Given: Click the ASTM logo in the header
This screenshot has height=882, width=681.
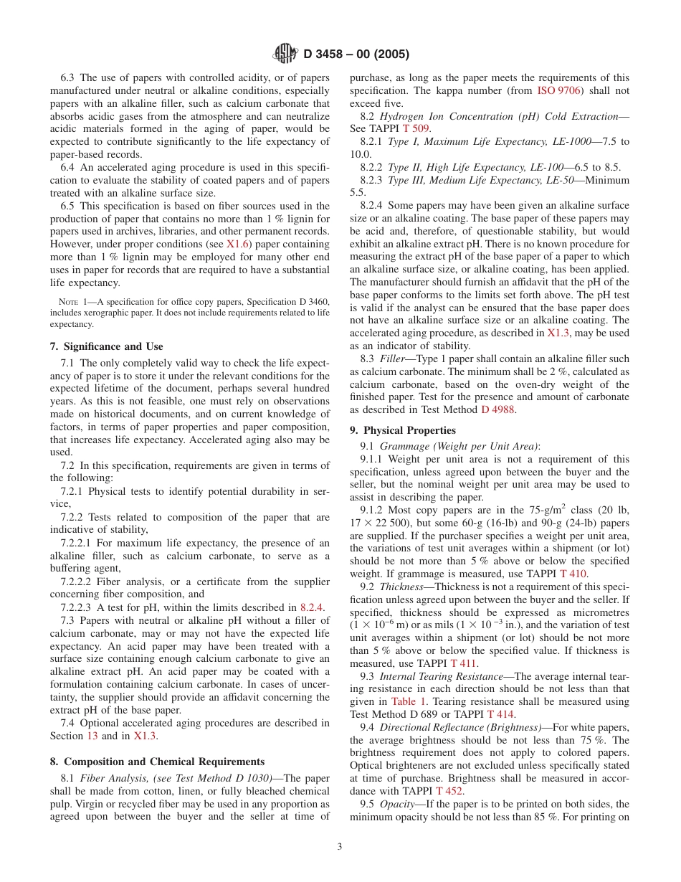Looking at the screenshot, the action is (285, 54).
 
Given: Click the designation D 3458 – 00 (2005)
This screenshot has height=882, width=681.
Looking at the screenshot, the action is (356, 54).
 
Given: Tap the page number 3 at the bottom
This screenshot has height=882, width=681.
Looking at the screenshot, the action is (340, 846).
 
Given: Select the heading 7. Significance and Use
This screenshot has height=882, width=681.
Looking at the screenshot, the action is (106, 346).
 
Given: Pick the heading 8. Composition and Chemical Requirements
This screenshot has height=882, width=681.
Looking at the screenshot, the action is (157, 762).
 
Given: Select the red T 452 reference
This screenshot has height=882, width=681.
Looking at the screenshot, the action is (449, 791).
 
